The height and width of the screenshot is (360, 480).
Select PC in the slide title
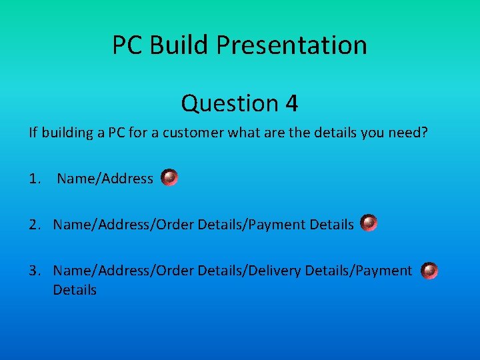tap(127, 45)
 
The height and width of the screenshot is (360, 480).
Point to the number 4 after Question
tap(291, 103)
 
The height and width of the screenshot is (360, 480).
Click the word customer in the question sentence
tap(194, 133)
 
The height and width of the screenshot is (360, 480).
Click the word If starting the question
tap(33, 133)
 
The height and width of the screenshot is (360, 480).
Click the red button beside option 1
tap(169, 177)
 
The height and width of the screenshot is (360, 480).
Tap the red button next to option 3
tap(430, 270)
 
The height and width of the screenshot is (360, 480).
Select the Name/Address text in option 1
tap(105, 179)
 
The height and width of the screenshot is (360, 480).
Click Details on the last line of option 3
tap(75, 290)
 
